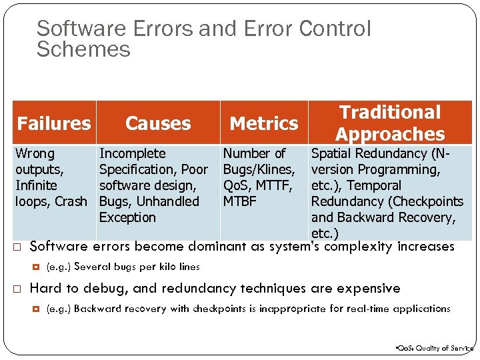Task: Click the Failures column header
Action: pyautogui.click(x=54, y=123)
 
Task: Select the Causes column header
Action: pyautogui.click(x=158, y=123)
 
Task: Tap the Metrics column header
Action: pyautogui.click(x=264, y=123)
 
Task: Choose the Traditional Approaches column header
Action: pyautogui.click(x=390, y=123)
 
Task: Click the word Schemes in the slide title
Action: pyautogui.click(x=83, y=49)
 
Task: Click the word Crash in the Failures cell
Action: pyautogui.click(x=71, y=201)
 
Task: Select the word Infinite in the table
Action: pyautogui.click(x=36, y=185)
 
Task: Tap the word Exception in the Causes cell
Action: pyautogui.click(x=127, y=217)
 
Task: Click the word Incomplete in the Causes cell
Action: pyautogui.click(x=132, y=153)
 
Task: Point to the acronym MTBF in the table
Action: pyautogui.click(x=239, y=201)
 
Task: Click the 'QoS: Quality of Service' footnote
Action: pyautogui.click(x=433, y=348)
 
